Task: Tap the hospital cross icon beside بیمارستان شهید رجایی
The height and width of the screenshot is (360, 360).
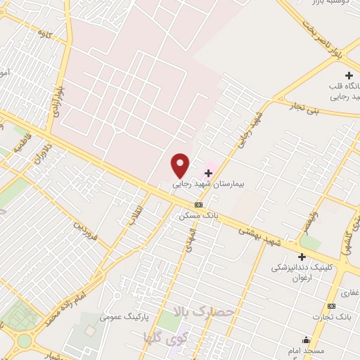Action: [208, 173]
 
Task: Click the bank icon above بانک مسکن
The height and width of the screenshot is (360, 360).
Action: [198, 205]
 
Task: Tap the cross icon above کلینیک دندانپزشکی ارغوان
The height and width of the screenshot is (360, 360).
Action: [302, 257]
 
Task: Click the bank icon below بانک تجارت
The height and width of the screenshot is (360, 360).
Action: [332, 306]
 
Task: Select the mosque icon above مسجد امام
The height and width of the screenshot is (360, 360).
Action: [306, 340]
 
